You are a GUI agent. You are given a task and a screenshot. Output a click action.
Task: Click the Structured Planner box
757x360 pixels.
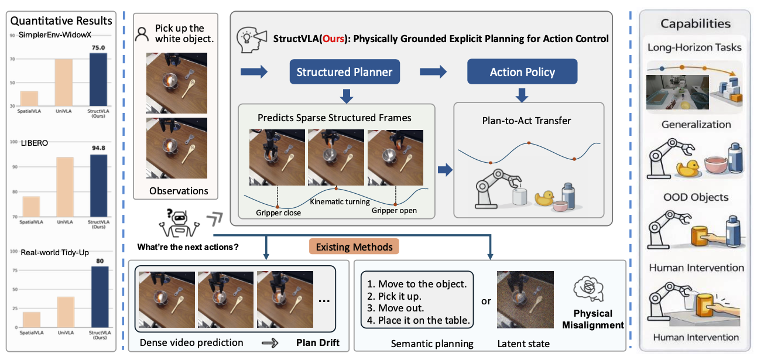[x=344, y=72]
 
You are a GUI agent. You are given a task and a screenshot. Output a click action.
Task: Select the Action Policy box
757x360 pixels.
[x=522, y=72]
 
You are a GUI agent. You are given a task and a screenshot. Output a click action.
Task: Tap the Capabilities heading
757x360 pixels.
[x=695, y=24]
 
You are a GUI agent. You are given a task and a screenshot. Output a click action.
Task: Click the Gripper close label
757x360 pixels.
[x=278, y=213]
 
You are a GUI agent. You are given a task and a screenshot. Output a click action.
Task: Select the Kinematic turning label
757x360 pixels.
[x=340, y=202]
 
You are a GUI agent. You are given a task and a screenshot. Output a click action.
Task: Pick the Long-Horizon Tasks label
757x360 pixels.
[x=694, y=47]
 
